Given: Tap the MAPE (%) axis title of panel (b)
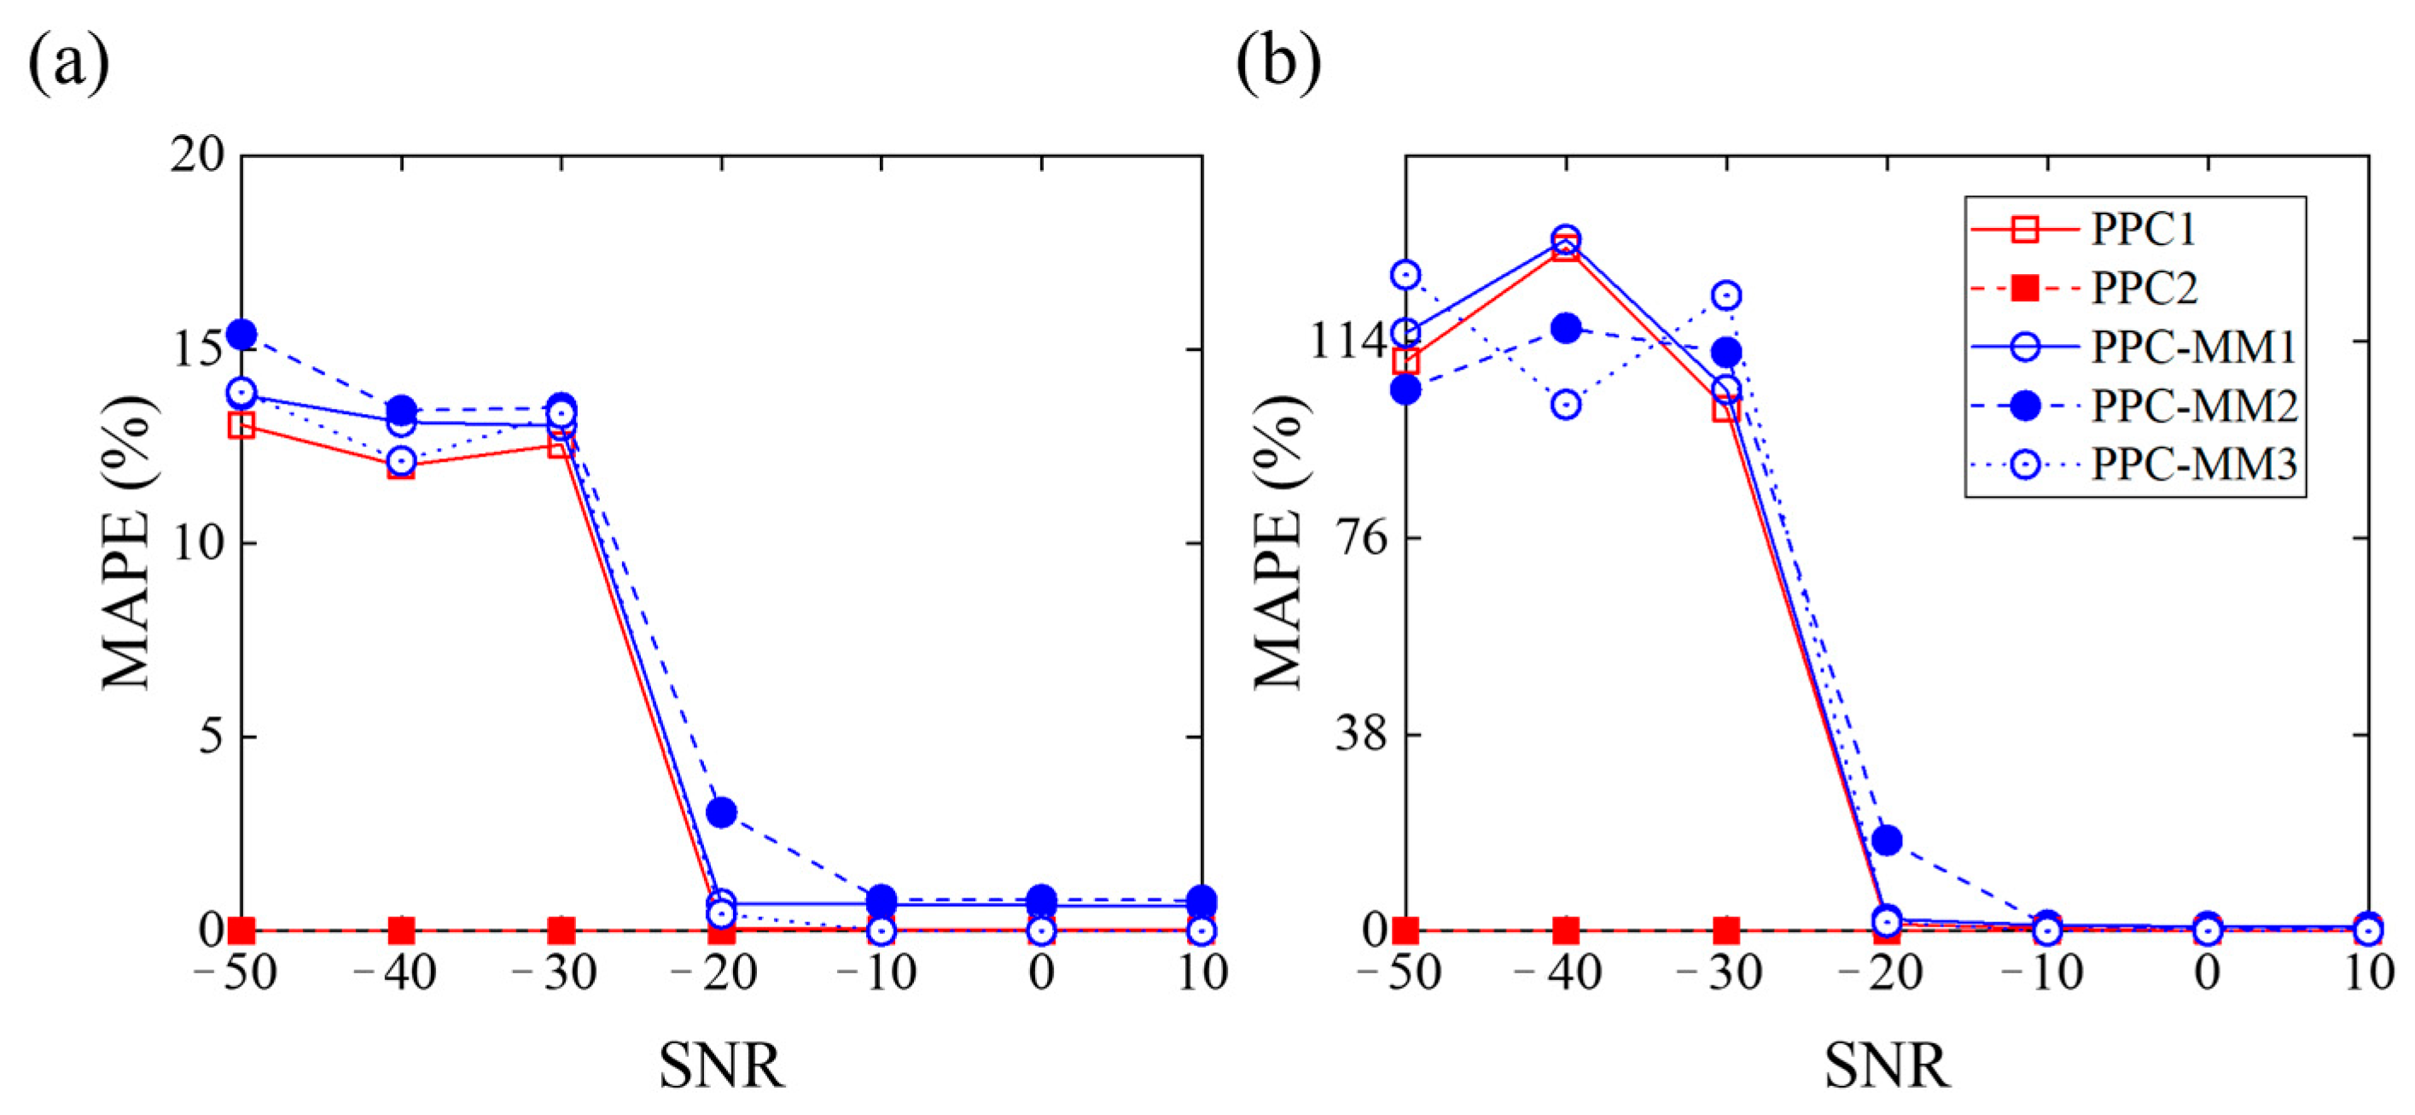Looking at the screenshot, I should pos(1280,542).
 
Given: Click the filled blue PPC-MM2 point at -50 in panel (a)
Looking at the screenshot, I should pos(241,334).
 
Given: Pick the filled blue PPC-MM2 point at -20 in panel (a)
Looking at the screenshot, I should pos(721,812).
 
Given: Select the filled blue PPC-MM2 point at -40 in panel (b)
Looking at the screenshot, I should pos(1566,328).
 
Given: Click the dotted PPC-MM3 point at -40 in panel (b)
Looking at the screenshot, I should pos(1566,406).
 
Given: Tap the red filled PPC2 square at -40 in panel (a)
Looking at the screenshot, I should pos(401,931).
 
